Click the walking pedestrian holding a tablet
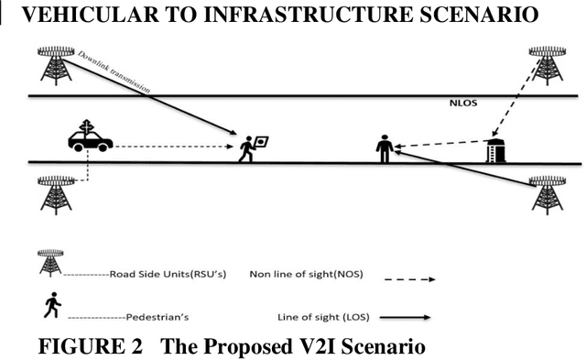[x=251, y=147]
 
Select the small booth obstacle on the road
[x=495, y=149]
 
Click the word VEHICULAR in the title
[x=81, y=15]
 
